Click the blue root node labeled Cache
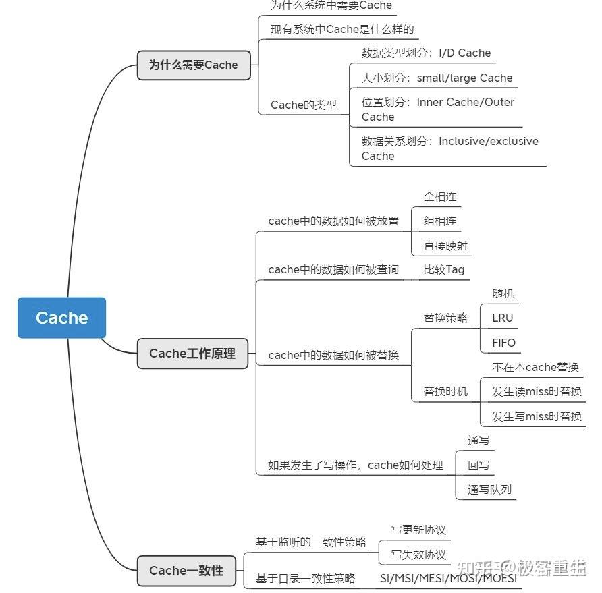click(61, 318)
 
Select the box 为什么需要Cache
click(194, 65)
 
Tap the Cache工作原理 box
click(192, 354)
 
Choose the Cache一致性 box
click(186, 571)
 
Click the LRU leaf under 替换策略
click(503, 318)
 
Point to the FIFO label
click(503, 343)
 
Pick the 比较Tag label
click(443, 269)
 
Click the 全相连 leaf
click(440, 196)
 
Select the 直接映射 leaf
click(445, 246)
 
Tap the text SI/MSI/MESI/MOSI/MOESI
click(448, 578)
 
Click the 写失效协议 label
click(418, 555)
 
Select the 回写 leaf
click(478, 465)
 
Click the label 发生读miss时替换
click(537, 391)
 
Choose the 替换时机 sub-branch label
click(445, 391)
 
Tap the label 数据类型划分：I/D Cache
click(426, 53)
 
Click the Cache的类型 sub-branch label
click(303, 105)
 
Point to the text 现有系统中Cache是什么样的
click(341, 29)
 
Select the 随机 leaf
click(503, 293)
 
